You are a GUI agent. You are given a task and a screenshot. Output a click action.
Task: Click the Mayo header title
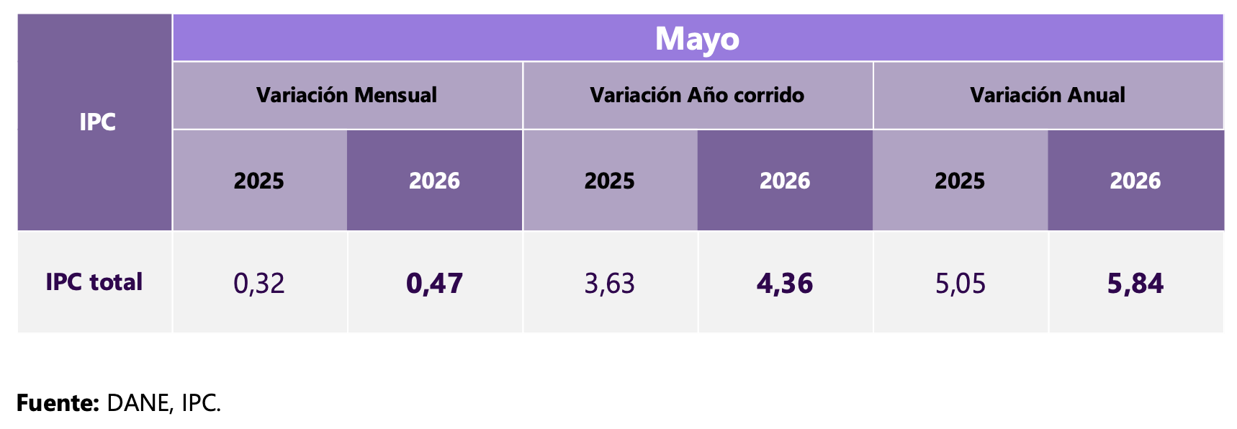point(697,39)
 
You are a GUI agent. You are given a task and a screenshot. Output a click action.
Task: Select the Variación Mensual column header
point(346,95)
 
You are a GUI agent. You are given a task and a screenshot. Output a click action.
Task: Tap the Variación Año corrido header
point(697,95)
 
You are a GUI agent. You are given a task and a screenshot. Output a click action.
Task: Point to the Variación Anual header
point(1048,95)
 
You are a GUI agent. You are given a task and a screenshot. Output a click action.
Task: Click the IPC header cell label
point(97,122)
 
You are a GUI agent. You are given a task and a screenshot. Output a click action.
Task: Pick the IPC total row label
point(94,281)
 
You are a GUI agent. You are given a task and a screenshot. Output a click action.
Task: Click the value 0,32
point(259,284)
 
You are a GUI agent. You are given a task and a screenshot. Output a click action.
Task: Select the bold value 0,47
point(434,284)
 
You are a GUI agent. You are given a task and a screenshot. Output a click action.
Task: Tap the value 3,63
point(610,284)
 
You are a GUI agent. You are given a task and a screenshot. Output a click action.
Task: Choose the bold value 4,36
point(785,284)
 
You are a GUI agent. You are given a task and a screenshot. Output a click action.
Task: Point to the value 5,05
point(961,284)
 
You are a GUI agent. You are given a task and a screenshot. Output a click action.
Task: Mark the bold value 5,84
point(1135,284)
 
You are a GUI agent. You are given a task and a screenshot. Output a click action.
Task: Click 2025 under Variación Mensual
point(259,181)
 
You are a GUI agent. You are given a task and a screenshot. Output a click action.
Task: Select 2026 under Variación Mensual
point(434,181)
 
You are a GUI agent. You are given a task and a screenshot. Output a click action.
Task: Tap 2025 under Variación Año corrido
point(610,181)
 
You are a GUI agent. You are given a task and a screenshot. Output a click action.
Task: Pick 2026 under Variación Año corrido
point(785,181)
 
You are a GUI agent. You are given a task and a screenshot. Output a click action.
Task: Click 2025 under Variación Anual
point(960,181)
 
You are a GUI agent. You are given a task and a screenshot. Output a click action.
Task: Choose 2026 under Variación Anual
point(1135,181)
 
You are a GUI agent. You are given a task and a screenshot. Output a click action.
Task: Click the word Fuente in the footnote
point(55,403)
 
